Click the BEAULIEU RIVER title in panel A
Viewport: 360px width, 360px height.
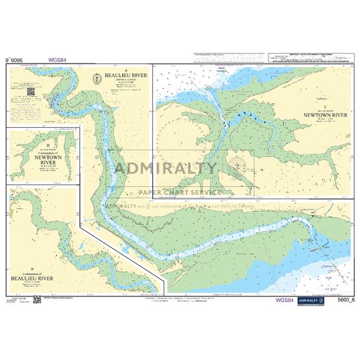(x=118, y=76)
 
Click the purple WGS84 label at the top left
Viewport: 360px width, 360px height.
(x=57, y=59)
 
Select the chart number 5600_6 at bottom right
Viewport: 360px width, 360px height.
(x=344, y=300)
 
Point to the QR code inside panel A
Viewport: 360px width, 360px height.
(x=30, y=91)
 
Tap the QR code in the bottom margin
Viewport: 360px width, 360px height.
(x=37, y=299)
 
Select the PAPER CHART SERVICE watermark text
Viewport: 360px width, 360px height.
(x=180, y=192)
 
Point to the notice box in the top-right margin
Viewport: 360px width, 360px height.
(x=309, y=58)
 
